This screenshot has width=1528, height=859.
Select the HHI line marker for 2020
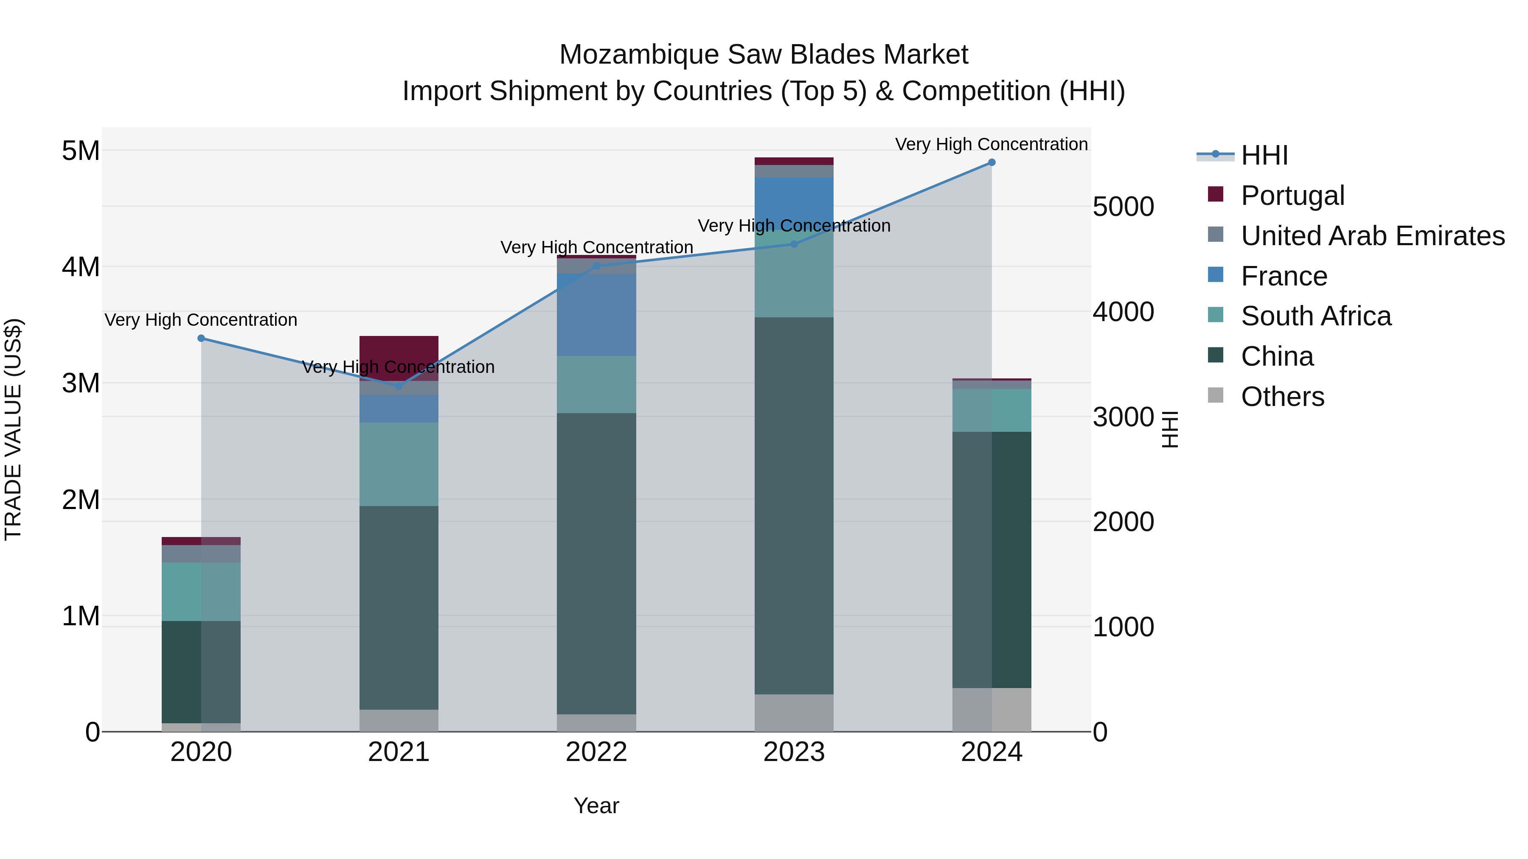201,339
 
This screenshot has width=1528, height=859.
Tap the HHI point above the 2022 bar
597,266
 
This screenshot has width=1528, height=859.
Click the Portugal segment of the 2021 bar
399,356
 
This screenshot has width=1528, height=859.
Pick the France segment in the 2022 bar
596,314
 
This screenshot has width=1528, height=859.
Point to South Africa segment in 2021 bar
399,464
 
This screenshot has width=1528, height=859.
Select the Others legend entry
1282,397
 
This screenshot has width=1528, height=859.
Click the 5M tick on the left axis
81,151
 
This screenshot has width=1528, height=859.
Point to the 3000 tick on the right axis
1123,417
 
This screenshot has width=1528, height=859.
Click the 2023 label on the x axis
794,752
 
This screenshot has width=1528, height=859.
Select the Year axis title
596,806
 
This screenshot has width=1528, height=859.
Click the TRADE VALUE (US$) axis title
13,429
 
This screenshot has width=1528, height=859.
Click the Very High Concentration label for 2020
201,320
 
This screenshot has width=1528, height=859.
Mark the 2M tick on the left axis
81,500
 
